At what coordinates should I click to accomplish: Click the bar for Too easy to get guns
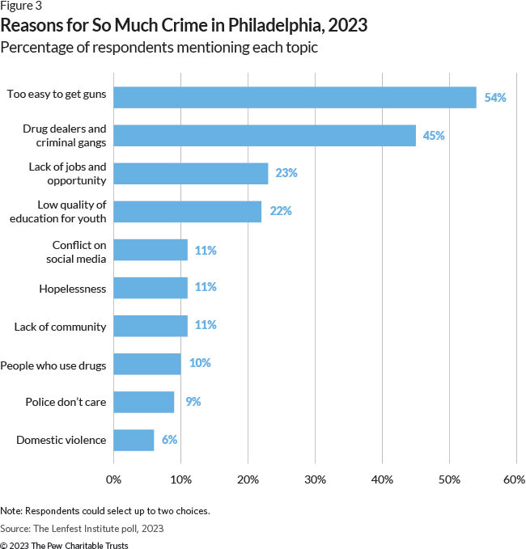point(295,97)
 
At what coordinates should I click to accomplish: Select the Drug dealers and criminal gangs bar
point(265,135)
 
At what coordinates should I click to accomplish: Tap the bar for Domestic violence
point(134,440)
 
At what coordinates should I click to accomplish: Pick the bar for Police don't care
point(143,402)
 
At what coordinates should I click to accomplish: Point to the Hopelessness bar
point(151,287)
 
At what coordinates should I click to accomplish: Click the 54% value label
point(494,97)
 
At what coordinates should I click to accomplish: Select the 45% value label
point(434,135)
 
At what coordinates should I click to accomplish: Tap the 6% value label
point(168,440)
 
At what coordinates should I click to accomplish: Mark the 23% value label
point(286,173)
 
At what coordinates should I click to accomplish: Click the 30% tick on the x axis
point(315,479)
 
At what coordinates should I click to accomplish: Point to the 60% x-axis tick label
point(514,479)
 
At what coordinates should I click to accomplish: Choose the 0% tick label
point(113,479)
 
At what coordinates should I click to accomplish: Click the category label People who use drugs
point(53,364)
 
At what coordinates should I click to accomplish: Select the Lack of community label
point(60,326)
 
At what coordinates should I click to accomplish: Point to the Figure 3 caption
point(22,6)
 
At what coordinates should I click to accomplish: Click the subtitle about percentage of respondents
point(159,47)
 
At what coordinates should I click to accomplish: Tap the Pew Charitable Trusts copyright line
point(64,545)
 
